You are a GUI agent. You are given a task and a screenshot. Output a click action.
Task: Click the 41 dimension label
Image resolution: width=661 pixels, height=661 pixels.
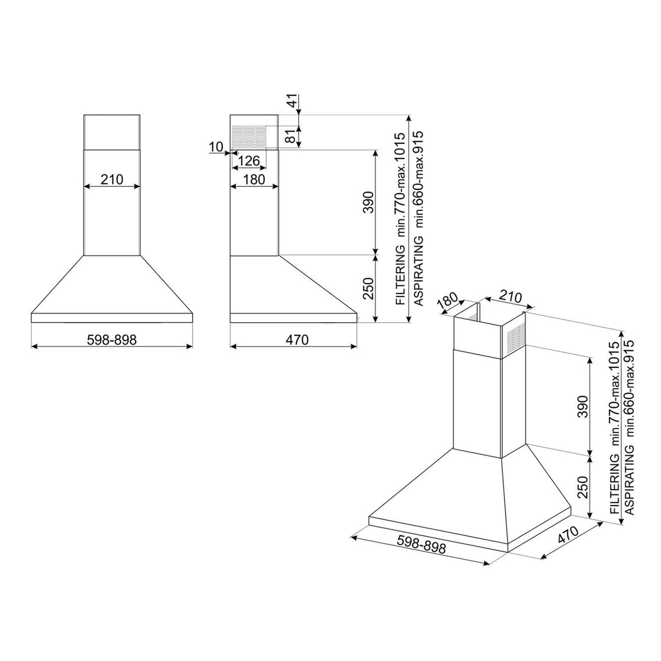click(x=292, y=101)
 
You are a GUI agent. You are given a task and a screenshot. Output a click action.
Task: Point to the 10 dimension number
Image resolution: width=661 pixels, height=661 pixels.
click(x=216, y=147)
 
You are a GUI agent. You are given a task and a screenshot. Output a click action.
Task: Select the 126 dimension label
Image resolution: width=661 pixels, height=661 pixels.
click(x=248, y=160)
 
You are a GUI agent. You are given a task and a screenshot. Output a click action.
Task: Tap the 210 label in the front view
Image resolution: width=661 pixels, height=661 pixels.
click(x=112, y=179)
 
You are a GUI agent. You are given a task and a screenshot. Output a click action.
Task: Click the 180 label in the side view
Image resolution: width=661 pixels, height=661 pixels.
click(x=254, y=179)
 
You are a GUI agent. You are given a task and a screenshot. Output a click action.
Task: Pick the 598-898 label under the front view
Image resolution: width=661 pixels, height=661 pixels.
click(x=112, y=340)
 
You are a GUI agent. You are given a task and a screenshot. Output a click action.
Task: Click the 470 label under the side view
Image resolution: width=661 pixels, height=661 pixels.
click(x=297, y=340)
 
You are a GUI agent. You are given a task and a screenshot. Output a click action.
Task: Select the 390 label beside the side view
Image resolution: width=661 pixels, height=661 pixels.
click(x=369, y=202)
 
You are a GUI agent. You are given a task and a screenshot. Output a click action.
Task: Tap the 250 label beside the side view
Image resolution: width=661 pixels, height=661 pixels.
click(x=369, y=288)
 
